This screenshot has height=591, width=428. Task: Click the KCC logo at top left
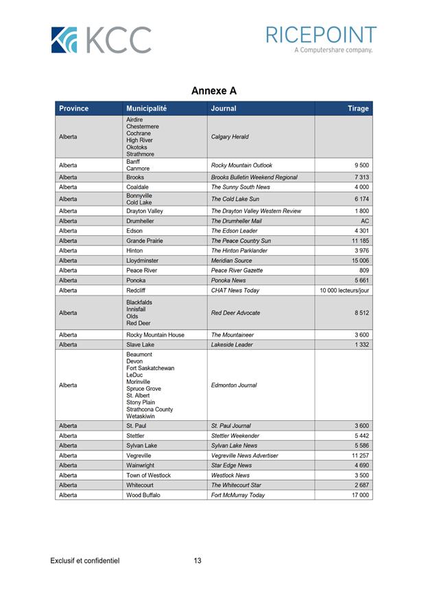[101, 40]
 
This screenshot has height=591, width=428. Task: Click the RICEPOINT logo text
[321, 35]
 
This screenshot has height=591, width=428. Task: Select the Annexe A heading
[214, 91]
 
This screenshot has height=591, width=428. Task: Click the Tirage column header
[357, 108]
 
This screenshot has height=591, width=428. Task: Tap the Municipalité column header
[146, 108]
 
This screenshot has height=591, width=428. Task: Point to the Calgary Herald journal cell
[230, 137]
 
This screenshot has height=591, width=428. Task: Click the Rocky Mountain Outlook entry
[241, 165]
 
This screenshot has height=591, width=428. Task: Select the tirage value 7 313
[361, 177]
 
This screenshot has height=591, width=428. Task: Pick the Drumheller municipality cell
[141, 221]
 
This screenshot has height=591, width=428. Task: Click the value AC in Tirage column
[365, 221]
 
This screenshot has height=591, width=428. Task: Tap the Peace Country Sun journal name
[241, 241]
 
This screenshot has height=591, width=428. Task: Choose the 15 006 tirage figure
[360, 261]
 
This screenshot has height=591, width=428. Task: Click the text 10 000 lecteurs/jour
[344, 291]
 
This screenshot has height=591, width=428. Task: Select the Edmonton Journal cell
[234, 385]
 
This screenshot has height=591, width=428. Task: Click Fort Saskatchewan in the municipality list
[150, 368]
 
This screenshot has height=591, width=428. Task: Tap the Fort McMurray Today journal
[238, 495]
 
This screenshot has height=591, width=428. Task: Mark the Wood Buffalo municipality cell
[143, 495]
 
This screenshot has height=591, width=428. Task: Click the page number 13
[198, 561]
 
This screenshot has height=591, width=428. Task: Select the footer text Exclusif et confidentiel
[85, 561]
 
